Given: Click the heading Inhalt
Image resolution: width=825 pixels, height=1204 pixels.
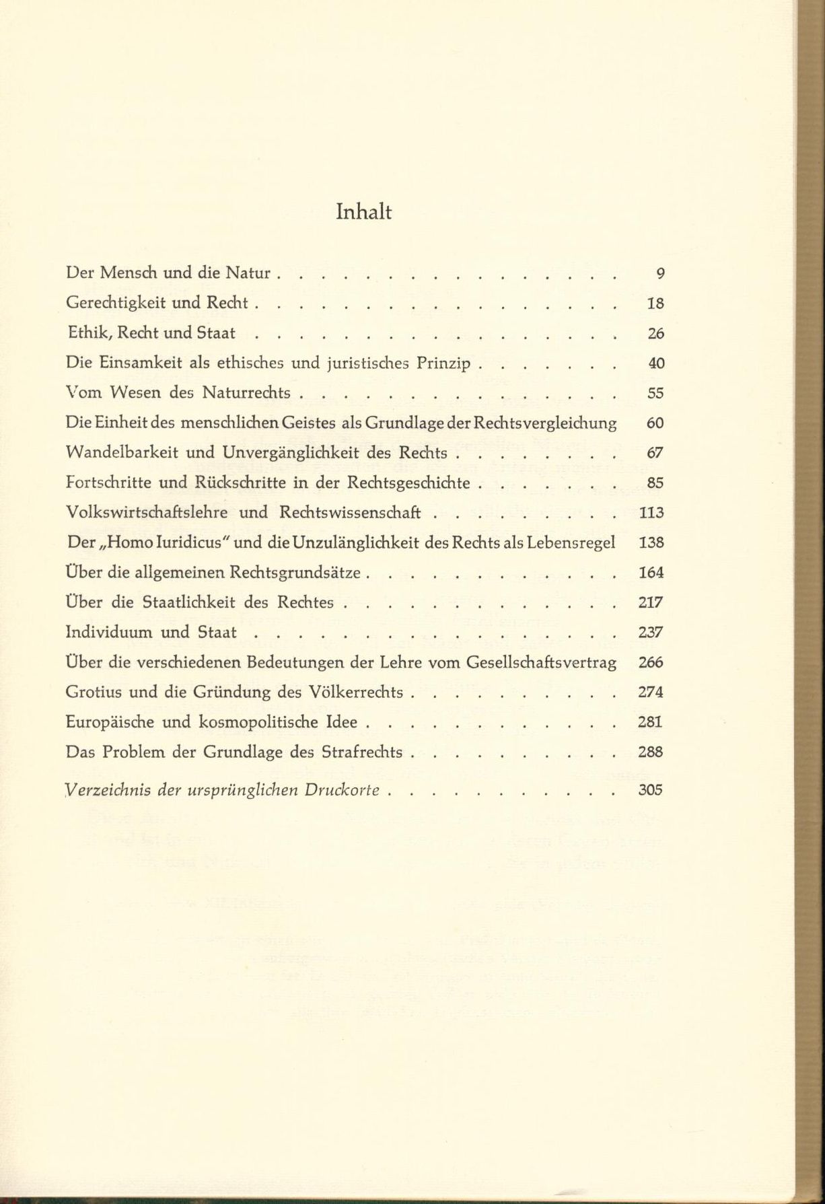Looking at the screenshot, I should tap(363, 213).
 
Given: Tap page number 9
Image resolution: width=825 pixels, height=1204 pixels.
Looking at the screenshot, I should tap(659, 273).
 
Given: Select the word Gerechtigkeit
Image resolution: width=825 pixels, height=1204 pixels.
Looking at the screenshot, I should tap(116, 304).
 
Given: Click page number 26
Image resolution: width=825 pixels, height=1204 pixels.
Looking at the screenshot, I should tap(655, 333).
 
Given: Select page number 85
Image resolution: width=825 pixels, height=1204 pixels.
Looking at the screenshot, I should tap(655, 483).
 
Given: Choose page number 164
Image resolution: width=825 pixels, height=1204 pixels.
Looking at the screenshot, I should tap(650, 573).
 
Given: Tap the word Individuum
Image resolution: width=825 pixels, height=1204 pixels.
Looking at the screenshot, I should tap(109, 633).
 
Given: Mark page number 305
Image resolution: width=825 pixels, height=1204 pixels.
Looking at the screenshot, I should tap(650, 790).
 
